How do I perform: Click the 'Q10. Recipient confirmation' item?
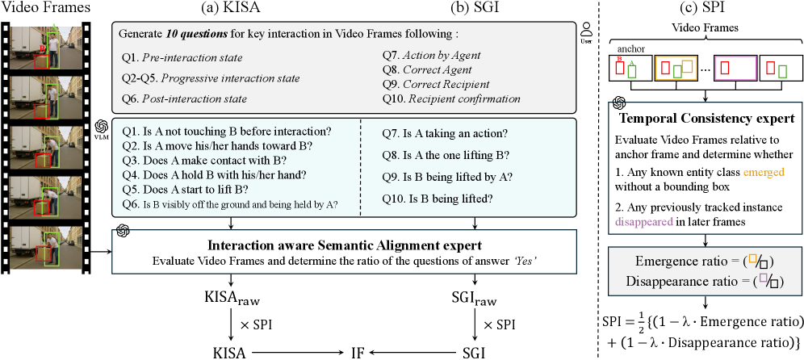(451, 99)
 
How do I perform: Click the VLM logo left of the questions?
(103, 129)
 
